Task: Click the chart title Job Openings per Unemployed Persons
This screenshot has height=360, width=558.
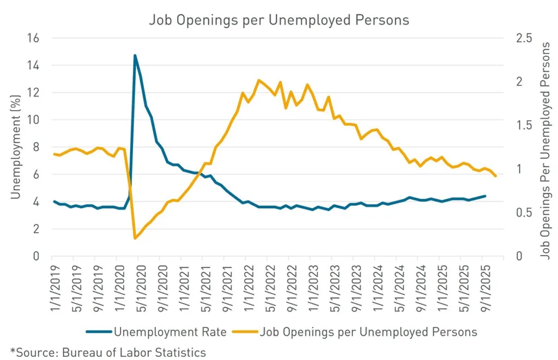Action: (x=279, y=20)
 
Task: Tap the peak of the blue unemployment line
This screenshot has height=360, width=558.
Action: (x=135, y=55)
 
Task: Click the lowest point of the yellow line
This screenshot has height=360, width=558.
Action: (x=135, y=238)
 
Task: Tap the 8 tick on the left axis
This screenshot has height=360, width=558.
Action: (x=37, y=147)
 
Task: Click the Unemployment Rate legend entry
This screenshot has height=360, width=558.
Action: (x=163, y=332)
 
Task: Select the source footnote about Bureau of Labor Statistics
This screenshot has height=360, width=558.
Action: (x=108, y=352)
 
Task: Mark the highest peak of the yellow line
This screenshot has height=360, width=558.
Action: (x=258, y=80)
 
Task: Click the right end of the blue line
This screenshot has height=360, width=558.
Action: (x=485, y=196)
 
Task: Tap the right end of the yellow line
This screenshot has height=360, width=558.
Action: (x=495, y=176)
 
